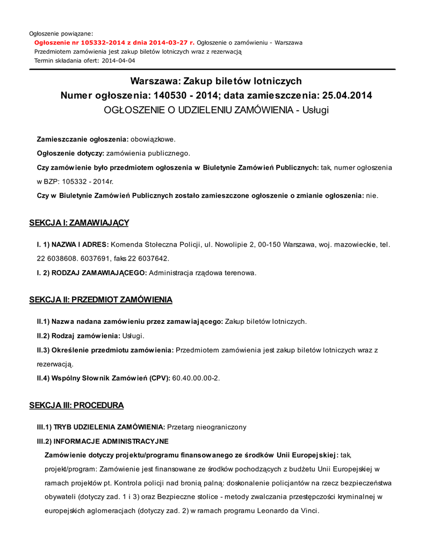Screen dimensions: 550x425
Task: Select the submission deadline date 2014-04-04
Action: [118, 61]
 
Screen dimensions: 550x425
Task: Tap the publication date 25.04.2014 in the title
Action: [347, 96]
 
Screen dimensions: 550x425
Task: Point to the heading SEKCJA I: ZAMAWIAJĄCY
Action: [79, 222]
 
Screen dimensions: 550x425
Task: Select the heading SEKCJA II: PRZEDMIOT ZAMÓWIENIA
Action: [100, 299]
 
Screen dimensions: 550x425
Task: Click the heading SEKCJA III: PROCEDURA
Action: [76, 405]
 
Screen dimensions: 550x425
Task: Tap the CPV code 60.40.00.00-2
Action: [196, 378]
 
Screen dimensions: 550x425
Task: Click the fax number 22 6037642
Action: [148, 258]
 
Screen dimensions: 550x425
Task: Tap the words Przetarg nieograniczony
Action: [207, 427]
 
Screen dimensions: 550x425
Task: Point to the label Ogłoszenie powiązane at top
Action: [61, 34]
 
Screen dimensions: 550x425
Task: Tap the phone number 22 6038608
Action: [56, 258]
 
